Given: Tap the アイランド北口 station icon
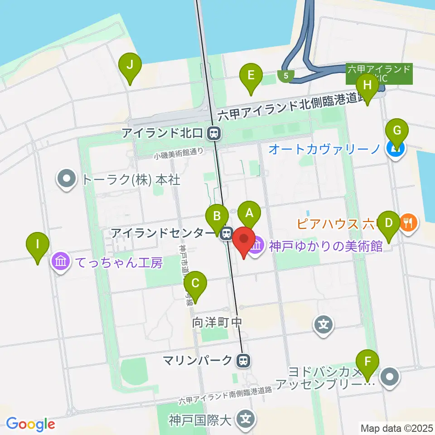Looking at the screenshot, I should (213, 133).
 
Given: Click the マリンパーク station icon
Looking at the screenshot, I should (243, 361).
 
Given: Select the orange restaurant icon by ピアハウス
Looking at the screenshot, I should (409, 222).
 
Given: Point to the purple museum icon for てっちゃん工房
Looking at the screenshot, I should (61, 262).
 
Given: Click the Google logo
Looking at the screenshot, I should (30, 424).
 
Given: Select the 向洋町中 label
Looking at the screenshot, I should (218, 323).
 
